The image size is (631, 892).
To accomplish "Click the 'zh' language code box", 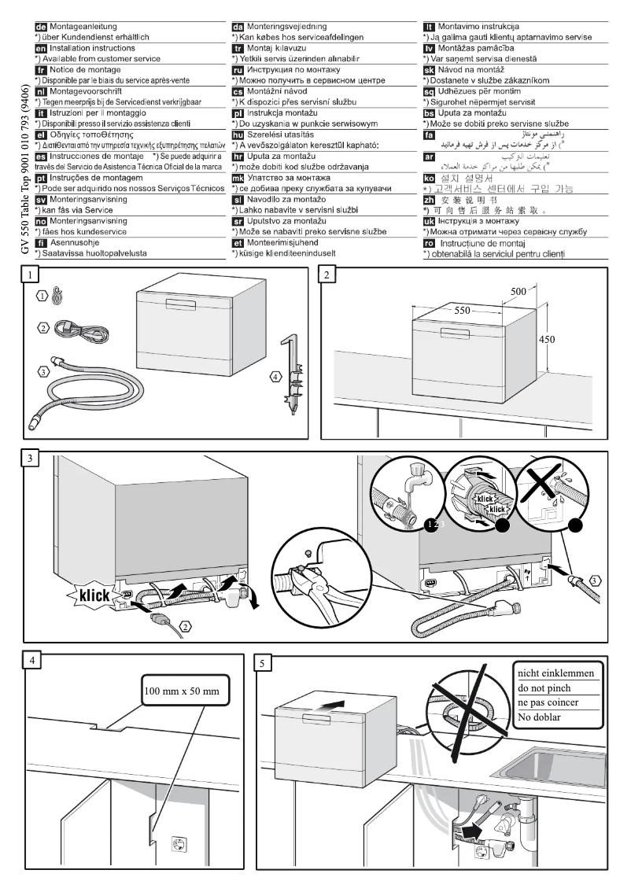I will [x=430, y=200].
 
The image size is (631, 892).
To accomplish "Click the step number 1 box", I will [x=31, y=275].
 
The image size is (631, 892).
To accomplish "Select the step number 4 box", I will [x=31, y=662].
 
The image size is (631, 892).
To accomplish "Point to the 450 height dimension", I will [x=546, y=340].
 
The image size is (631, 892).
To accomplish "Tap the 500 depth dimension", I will [x=518, y=292].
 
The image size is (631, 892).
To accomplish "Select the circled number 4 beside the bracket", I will [x=275, y=377].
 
